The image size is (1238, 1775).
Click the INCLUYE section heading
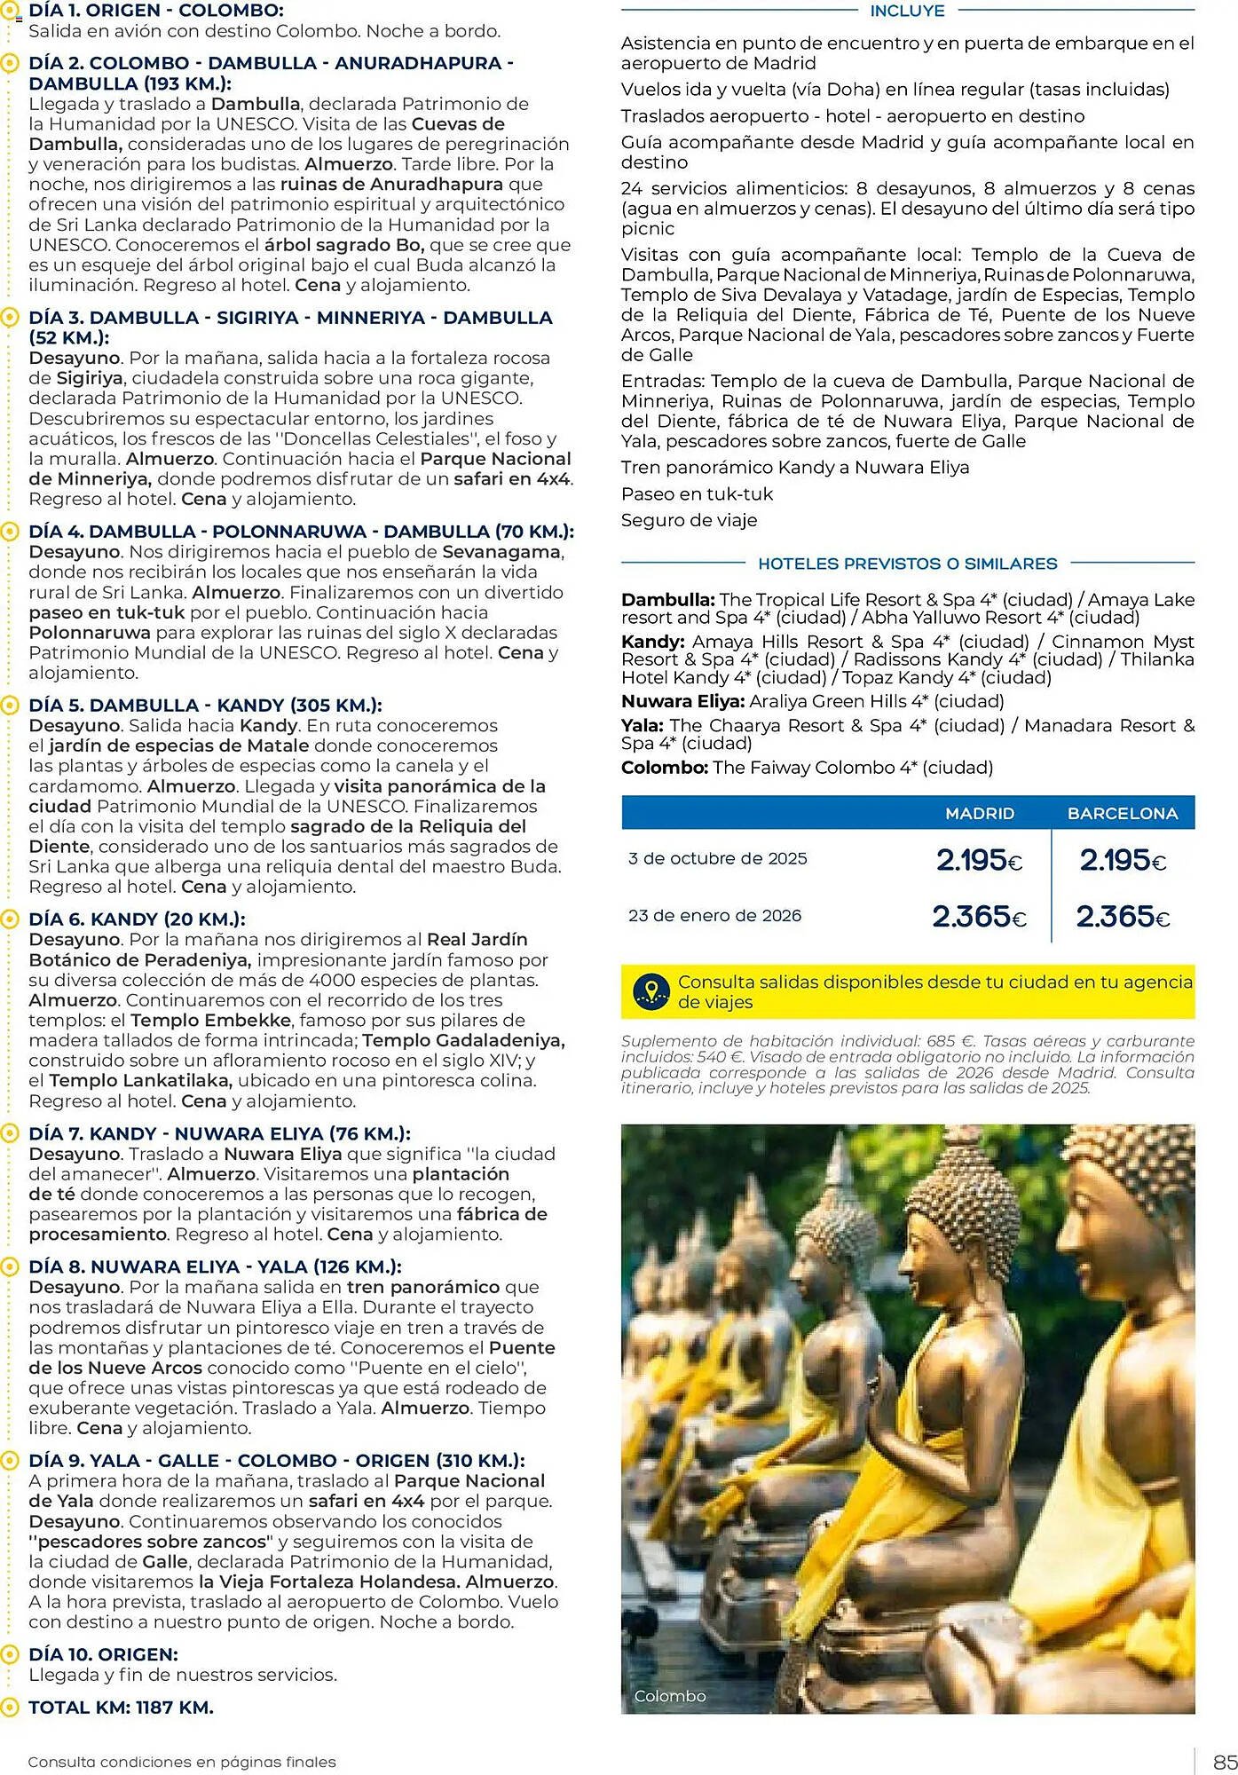coord(907,12)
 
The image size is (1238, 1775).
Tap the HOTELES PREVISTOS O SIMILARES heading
coord(907,564)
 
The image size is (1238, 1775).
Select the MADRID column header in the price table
coord(979,813)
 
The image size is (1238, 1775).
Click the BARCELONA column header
coord(1122,813)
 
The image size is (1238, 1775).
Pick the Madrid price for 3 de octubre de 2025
coord(979,860)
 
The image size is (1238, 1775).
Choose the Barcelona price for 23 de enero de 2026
coord(1122,916)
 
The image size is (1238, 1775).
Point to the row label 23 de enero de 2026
coord(714,916)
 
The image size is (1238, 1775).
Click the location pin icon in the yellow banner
coord(652,991)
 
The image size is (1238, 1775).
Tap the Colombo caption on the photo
coord(670,1696)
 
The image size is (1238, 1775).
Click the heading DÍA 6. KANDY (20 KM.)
coord(137,919)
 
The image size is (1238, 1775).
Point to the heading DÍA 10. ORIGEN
coord(103,1654)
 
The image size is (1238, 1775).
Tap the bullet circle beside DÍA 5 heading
coord(10,706)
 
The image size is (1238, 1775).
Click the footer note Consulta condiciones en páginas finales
coord(182,1762)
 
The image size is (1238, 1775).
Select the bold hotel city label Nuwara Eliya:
coord(682,701)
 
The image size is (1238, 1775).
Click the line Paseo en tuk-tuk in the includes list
coord(697,494)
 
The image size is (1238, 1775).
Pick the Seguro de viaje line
coord(689,521)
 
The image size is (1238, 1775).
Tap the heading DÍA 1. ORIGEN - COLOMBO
coord(156,12)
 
